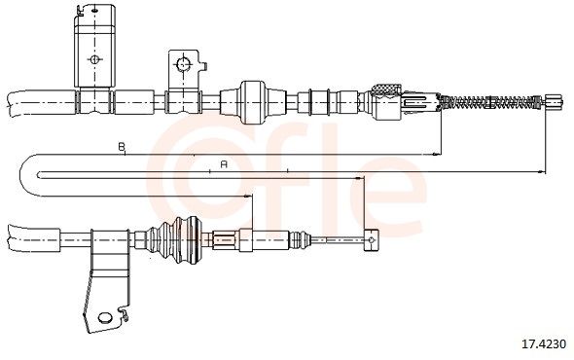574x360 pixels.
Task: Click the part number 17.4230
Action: point(544,343)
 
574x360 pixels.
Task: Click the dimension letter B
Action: point(122,147)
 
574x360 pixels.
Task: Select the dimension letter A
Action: point(224,164)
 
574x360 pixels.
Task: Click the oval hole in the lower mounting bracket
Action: point(105,317)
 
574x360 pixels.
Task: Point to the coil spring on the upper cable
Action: point(490,101)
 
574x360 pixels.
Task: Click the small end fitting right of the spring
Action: point(554,101)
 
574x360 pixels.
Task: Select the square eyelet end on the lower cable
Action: point(372,240)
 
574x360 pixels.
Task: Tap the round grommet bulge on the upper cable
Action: point(251,102)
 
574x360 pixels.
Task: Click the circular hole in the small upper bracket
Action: point(183,64)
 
